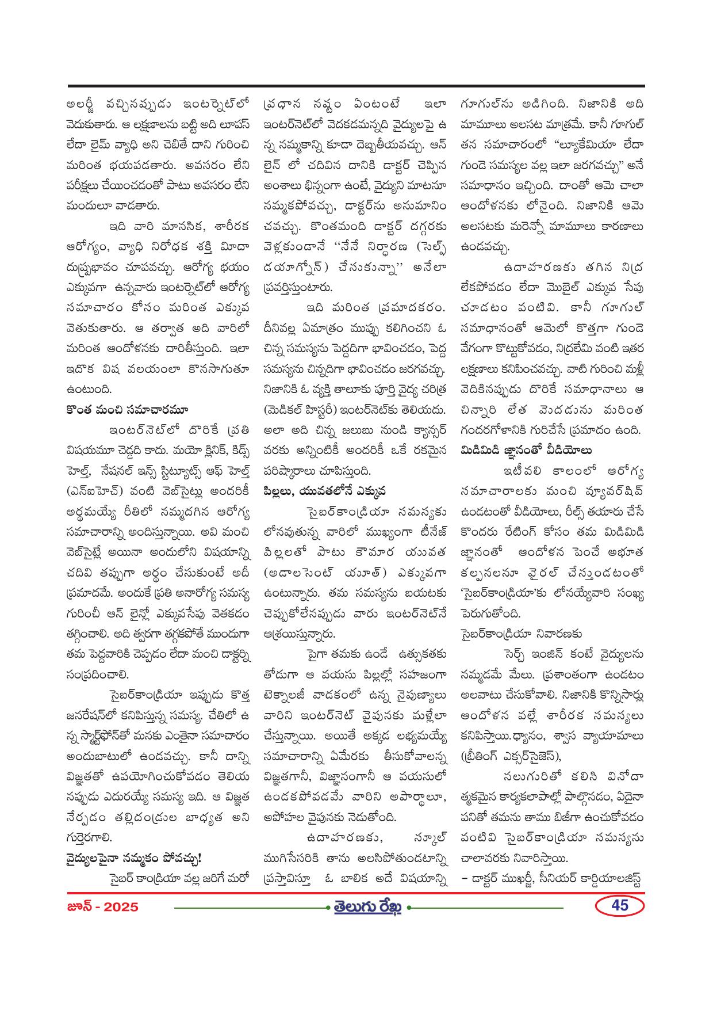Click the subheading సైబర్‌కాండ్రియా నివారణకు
coord(521,634)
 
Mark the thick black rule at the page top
coord(356,86)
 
